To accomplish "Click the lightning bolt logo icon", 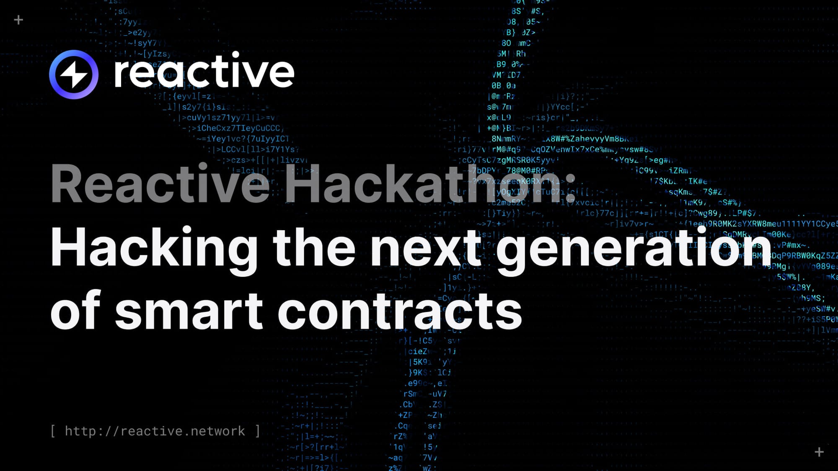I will click(74, 75).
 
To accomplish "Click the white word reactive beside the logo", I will click(204, 71).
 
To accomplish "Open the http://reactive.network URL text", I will click(155, 431).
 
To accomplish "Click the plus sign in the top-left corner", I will click(18, 20).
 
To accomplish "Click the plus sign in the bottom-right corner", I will click(819, 452).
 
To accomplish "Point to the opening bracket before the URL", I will click(53, 431).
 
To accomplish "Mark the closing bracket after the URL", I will click(258, 431).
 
